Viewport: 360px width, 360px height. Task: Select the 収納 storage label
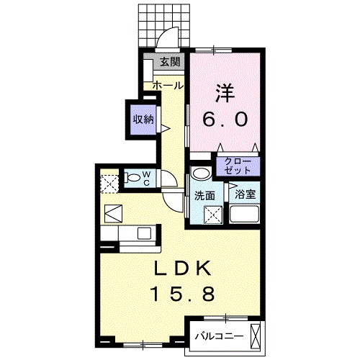click(142, 120)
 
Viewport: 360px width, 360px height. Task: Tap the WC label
click(145, 176)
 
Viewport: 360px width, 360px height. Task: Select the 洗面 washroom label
click(204, 195)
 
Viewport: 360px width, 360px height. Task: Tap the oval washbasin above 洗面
click(199, 173)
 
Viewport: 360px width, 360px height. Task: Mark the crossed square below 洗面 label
click(212, 215)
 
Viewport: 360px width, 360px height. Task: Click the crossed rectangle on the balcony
click(255, 335)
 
